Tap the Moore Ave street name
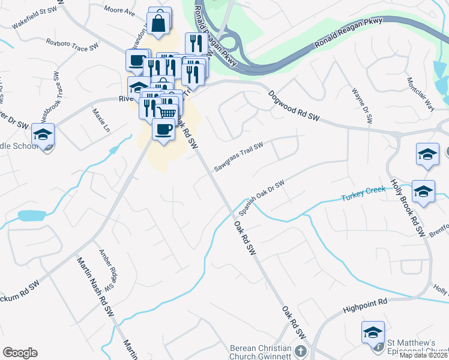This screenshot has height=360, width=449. pyautogui.click(x=119, y=10)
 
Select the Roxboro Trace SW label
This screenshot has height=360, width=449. pyautogui.click(x=72, y=44)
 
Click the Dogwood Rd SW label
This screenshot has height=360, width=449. pyautogui.click(x=294, y=107)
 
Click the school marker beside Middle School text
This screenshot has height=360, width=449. pyautogui.click(x=43, y=136)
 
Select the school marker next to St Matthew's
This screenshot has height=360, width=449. pyautogui.click(x=373, y=332)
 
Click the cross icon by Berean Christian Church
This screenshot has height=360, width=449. pyautogui.click(x=301, y=352)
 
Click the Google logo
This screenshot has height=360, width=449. pyautogui.click(x=20, y=353)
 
